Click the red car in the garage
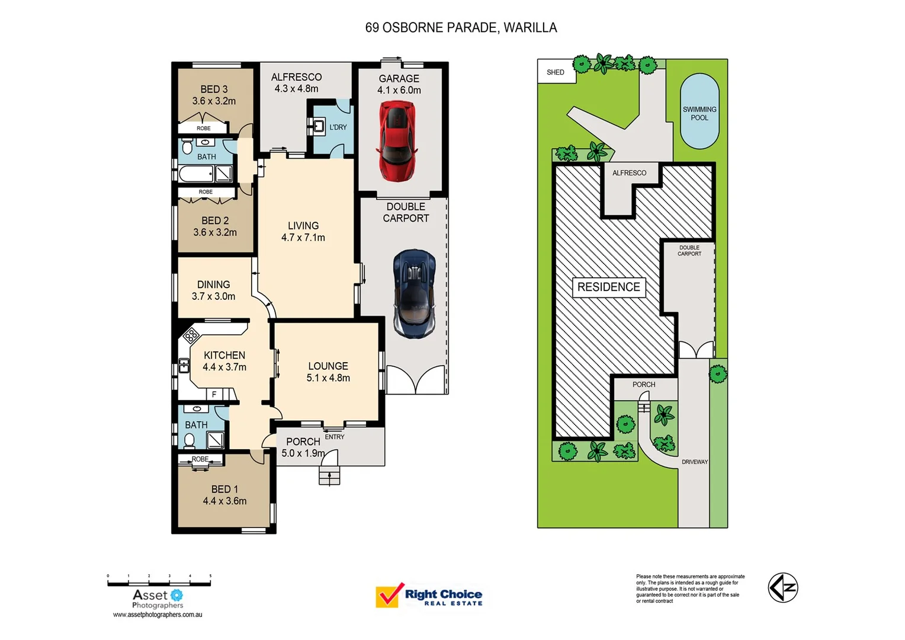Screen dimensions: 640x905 (397, 141)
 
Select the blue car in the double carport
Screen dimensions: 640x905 (415, 293)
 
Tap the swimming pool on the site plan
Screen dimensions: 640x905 (699, 111)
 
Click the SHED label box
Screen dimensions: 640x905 (556, 72)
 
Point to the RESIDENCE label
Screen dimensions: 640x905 (609, 287)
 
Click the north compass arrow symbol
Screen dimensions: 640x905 (783, 588)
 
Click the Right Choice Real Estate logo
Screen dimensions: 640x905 (429, 596)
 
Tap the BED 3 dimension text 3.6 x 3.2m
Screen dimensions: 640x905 (214, 101)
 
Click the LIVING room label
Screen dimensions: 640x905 (303, 226)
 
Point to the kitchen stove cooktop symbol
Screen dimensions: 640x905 (191, 337)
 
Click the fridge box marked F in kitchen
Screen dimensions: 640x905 (214, 394)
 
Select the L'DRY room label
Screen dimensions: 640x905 (338, 127)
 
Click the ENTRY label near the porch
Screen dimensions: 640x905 (335, 437)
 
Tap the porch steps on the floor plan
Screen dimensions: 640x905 (329, 475)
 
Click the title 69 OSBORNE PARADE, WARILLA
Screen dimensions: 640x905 (461, 28)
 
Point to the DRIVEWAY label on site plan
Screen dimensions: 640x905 (695, 462)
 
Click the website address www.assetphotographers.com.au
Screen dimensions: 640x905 (158, 615)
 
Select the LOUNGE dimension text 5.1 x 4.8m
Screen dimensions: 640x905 (328, 378)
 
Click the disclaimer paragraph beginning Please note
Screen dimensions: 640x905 (690, 588)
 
